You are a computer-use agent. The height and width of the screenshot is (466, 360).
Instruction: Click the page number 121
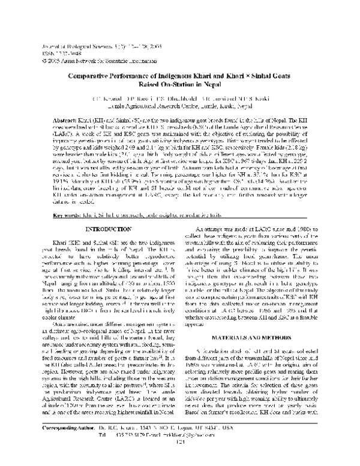tap(180, 459)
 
